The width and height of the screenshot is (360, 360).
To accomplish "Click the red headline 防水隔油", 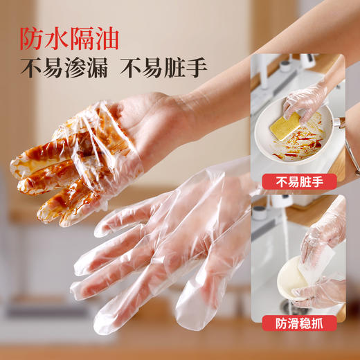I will (x=69, y=35).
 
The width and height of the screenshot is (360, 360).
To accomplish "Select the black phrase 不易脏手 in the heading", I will (x=163, y=69).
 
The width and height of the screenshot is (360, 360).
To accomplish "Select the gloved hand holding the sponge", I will (x=305, y=100).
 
